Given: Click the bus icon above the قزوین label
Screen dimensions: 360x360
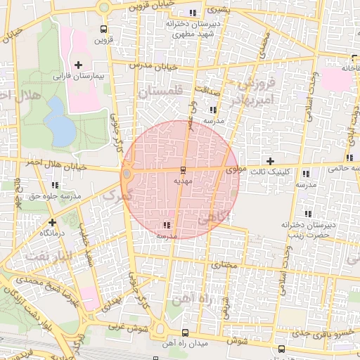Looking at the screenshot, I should pos(104,30).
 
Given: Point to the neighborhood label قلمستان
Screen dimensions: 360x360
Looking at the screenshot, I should pos(160,92).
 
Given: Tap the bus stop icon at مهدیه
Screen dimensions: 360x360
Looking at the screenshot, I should pos(183,170).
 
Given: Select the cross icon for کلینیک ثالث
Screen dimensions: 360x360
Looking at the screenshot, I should pos(270,162).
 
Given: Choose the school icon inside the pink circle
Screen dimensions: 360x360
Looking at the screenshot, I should pos(167,225).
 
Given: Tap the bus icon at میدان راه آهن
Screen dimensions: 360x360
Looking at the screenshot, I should pos(185,332).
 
